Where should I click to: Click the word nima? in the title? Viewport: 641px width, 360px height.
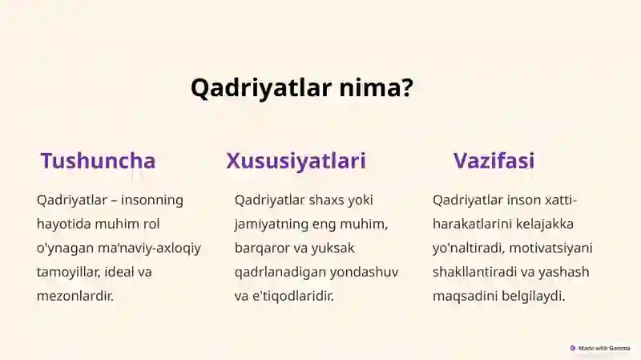click(377, 87)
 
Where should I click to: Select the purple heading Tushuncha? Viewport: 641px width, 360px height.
click(98, 160)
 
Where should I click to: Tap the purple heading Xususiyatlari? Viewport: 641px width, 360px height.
click(296, 161)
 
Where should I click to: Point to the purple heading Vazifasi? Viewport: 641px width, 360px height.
click(494, 160)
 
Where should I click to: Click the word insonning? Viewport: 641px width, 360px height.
click(152, 200)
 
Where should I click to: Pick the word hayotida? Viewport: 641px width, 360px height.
click(64, 224)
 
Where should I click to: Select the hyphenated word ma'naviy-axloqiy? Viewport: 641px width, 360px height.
click(149, 249)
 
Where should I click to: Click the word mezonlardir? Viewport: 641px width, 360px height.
click(75, 296)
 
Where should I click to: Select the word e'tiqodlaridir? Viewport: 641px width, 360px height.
click(293, 296)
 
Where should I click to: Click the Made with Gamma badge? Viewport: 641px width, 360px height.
click(600, 348)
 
